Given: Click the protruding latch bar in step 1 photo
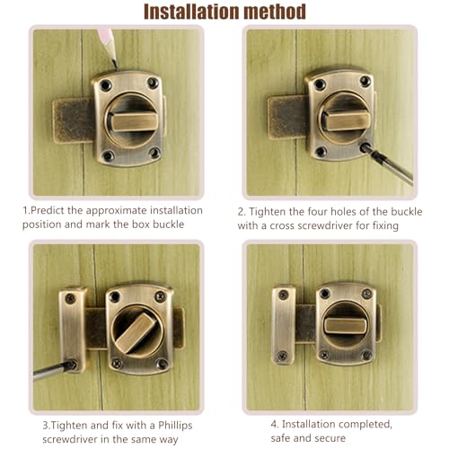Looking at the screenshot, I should (x=72, y=120).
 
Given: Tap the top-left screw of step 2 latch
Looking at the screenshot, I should (x=320, y=84).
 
